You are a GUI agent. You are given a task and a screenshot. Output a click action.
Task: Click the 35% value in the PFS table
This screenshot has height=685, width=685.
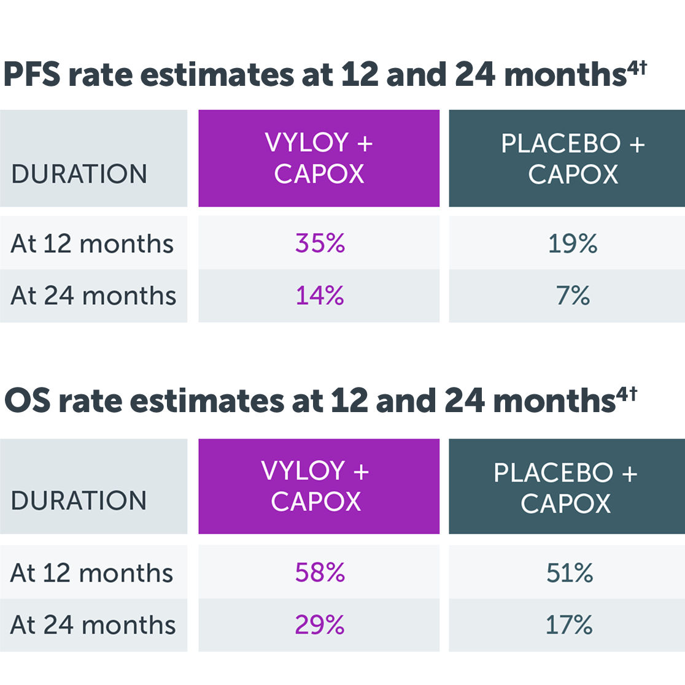click(320, 243)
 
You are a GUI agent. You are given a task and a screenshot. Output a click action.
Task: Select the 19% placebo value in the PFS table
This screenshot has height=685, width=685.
click(573, 243)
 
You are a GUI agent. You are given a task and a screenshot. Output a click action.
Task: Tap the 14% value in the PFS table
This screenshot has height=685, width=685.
click(320, 296)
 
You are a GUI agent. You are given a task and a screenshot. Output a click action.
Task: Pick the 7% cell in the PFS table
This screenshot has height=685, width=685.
click(573, 296)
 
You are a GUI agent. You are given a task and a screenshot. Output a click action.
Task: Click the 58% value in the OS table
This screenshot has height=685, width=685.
click(320, 573)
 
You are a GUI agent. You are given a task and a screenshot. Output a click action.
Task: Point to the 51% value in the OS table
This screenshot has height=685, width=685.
click(570, 573)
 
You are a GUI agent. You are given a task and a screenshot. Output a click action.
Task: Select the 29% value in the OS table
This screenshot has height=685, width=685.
click(320, 625)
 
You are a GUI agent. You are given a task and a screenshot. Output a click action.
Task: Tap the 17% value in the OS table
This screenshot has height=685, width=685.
click(569, 625)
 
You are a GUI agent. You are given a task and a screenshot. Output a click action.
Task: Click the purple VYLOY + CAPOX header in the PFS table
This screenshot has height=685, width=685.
click(319, 158)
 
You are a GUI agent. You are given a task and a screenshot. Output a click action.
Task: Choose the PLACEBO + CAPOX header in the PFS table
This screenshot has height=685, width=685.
click(573, 159)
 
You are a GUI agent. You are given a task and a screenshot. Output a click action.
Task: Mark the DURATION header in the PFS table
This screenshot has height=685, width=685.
click(79, 174)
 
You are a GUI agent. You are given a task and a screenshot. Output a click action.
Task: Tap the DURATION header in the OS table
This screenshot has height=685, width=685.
click(79, 500)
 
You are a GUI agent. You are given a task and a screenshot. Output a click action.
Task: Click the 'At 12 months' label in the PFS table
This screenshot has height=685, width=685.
click(92, 243)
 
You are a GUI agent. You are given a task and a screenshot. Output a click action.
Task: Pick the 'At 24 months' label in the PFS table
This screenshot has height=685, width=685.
click(93, 296)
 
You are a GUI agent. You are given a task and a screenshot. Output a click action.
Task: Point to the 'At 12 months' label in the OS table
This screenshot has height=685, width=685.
click(92, 573)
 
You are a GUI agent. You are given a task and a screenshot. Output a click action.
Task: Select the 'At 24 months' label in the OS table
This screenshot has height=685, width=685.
click(93, 625)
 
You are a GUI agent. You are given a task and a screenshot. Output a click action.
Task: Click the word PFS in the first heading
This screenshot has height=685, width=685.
click(32, 75)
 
